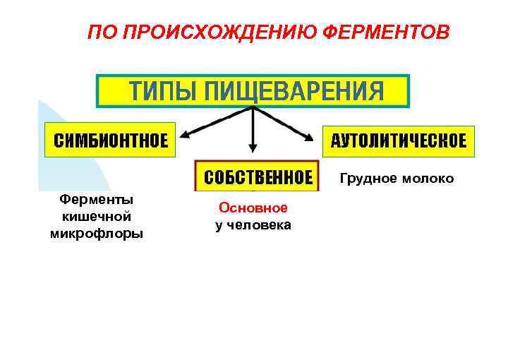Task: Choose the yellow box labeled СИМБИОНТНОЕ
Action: [111, 140]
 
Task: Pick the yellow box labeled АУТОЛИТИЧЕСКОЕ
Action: [399, 140]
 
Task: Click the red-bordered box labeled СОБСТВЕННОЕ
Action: [258, 176]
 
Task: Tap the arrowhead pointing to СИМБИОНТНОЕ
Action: [186, 136]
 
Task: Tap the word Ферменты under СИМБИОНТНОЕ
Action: [97, 200]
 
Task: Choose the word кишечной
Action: [97, 216]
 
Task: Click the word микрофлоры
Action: [97, 233]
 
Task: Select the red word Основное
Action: [253, 208]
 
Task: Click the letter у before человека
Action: [219, 226]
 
